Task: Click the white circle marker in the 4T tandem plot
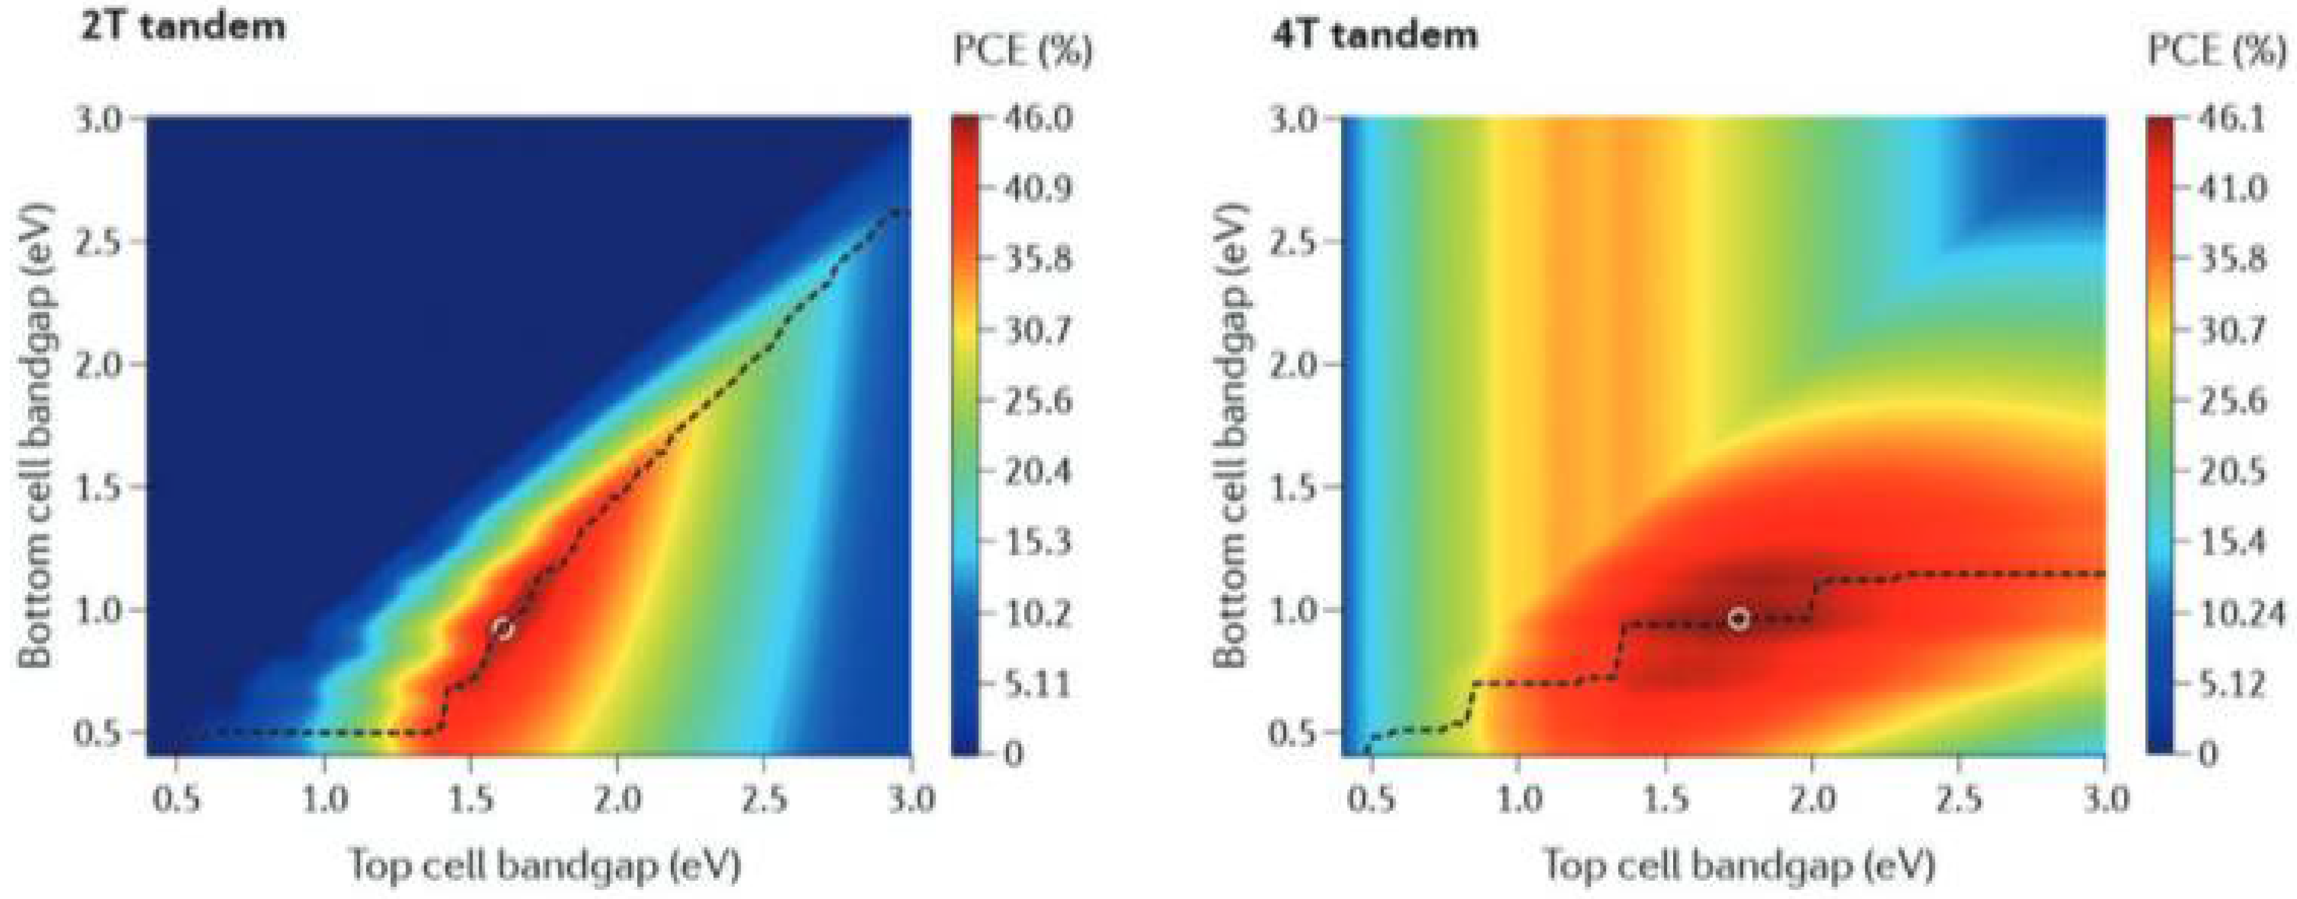click(x=1738, y=619)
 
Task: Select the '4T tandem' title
click(x=1374, y=35)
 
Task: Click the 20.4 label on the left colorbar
click(x=1037, y=471)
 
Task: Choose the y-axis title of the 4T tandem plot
click(x=1231, y=435)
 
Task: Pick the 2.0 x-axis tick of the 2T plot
click(x=617, y=798)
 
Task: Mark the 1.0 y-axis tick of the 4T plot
click(x=1293, y=611)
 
